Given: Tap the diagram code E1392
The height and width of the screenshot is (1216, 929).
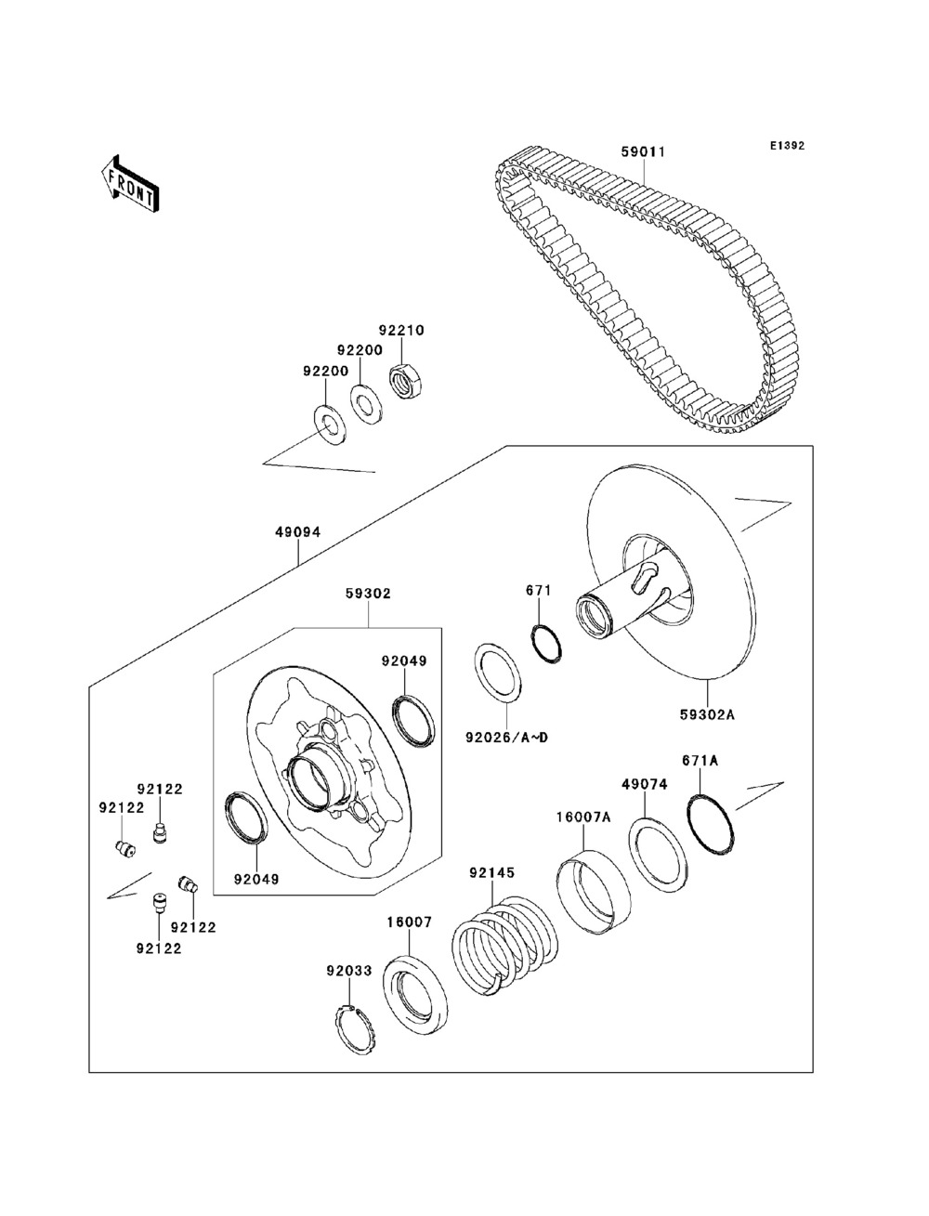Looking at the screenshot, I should pos(785,146).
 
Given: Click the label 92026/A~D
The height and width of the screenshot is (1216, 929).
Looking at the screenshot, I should pos(507,739).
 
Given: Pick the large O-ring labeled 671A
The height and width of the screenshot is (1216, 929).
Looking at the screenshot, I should pos(712,824).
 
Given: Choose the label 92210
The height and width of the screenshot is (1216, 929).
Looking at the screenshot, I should pos(400,330).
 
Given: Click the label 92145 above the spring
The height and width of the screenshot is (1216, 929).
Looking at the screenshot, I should pos(491,873).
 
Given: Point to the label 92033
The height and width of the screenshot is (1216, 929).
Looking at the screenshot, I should pos(348,971).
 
